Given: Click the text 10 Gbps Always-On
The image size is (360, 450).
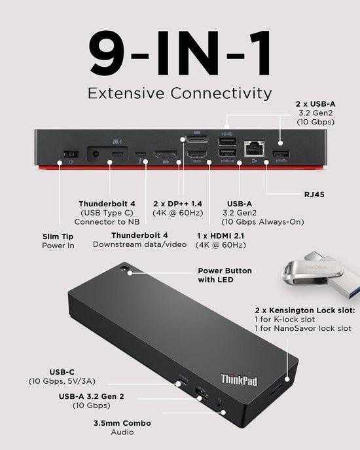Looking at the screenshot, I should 264,222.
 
